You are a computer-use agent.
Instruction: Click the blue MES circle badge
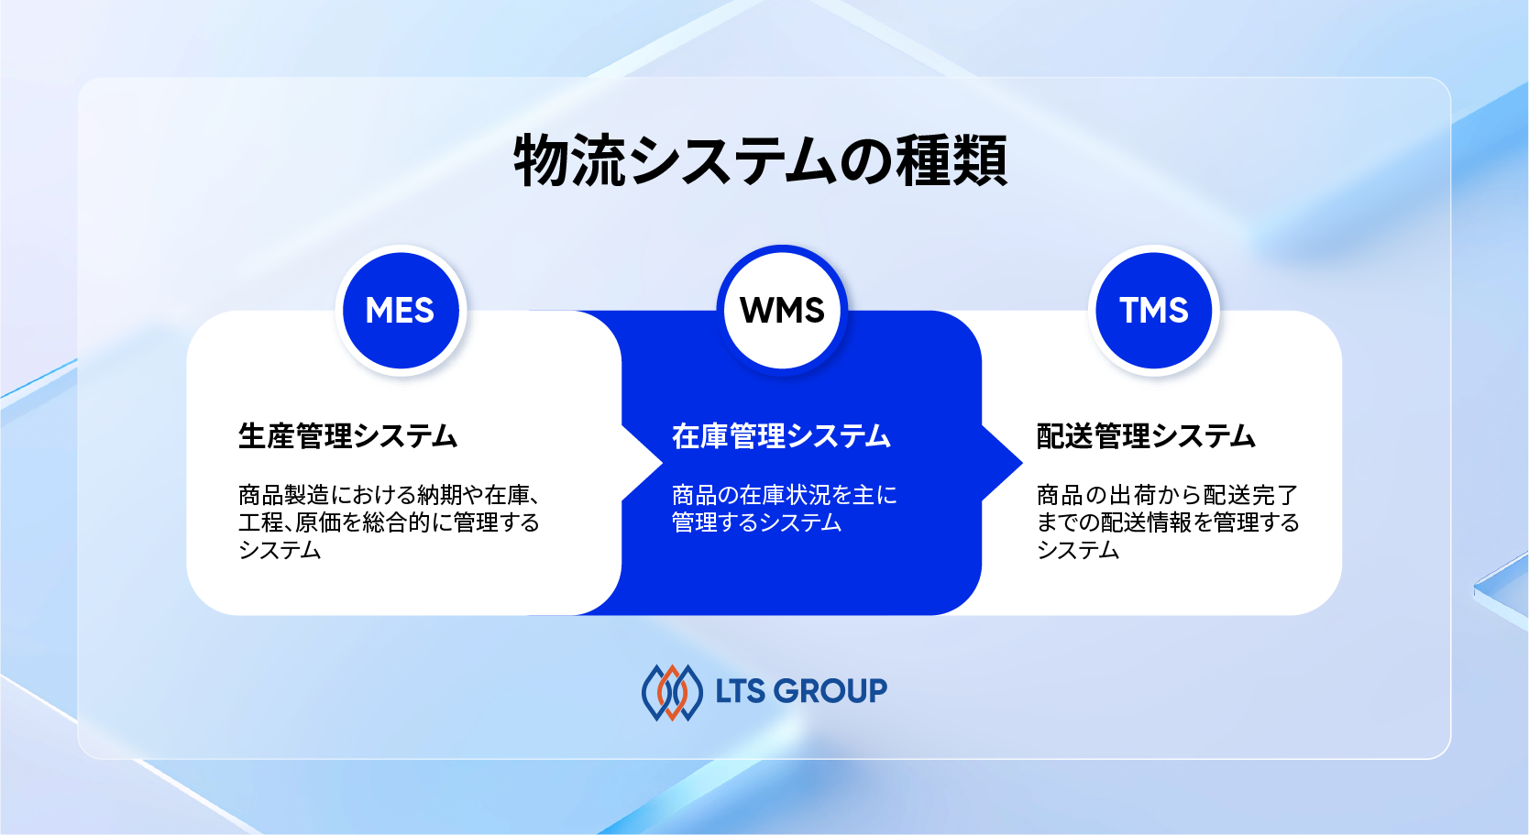pos(401,311)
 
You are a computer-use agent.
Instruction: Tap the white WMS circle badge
pos(782,311)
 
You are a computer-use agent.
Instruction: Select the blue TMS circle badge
pos(1153,311)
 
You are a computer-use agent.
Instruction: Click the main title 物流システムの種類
pos(760,160)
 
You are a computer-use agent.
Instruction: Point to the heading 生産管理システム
pos(347,435)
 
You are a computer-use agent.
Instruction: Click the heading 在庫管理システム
pos(781,435)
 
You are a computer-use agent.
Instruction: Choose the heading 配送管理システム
pos(1146,435)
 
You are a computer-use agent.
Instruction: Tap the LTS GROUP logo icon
pos(672,692)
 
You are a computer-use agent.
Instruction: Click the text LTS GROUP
pos(801,691)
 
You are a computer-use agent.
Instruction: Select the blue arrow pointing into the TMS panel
pos(1001,463)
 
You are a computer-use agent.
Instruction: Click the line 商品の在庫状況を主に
pos(784,495)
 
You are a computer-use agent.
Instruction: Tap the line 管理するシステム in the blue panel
pos(756,522)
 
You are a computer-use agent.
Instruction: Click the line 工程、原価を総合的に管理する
pos(389,522)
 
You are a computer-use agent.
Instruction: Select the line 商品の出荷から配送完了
pos(1167,495)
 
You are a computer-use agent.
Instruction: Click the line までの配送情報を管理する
pos(1168,522)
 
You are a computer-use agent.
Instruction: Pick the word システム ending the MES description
pos(280,550)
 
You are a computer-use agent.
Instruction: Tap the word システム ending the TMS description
pos(1078,550)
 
